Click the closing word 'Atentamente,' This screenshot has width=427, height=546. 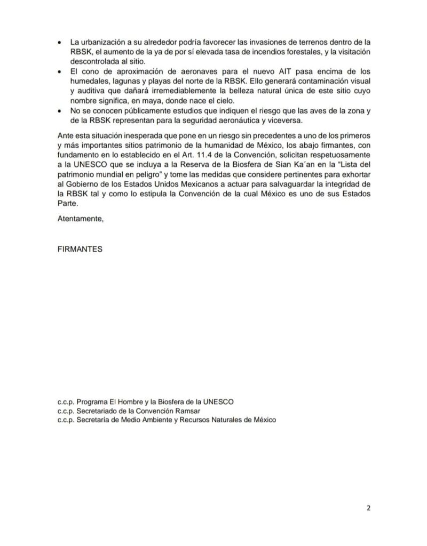coord(80,219)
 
